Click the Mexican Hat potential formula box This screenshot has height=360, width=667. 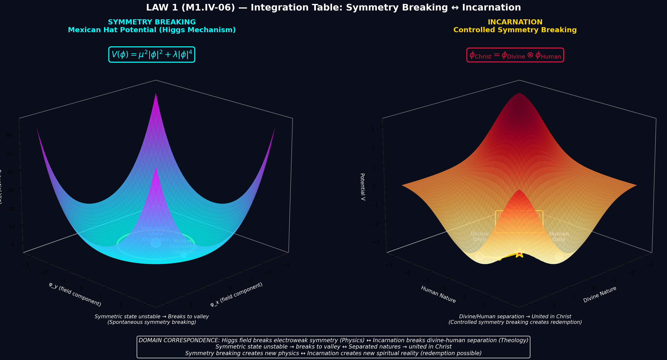pyautogui.click(x=151, y=55)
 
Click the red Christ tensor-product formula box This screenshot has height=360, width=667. pyautogui.click(x=515, y=55)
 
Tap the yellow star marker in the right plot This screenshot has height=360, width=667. pyautogui.click(x=519, y=253)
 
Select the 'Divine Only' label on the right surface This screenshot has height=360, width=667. pyautogui.click(x=479, y=237)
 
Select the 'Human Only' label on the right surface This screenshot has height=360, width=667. pyautogui.click(x=559, y=237)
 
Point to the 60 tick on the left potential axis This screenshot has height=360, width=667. pyautogui.click(x=9, y=134)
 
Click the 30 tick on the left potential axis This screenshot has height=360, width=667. pyautogui.click(x=10, y=190)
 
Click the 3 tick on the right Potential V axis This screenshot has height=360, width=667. pyautogui.click(x=372, y=129)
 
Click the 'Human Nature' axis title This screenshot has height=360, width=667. pyautogui.click(x=438, y=294)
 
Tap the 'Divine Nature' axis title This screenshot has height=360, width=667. pyautogui.click(x=599, y=294)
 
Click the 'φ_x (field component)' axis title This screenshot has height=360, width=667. pyautogui.click(x=236, y=295)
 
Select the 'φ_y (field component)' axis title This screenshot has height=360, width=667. pyautogui.click(x=75, y=294)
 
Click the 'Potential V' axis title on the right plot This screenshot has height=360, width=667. pyautogui.click(x=363, y=187)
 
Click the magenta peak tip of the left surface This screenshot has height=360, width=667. pyautogui.click(x=156, y=94)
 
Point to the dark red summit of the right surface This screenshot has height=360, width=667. pyautogui.click(x=519, y=94)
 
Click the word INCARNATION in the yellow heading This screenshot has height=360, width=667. pyautogui.click(x=515, y=22)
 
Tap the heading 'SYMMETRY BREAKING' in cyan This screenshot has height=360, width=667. pyautogui.click(x=152, y=22)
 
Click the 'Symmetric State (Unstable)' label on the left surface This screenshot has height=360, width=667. pyautogui.click(x=155, y=234)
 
